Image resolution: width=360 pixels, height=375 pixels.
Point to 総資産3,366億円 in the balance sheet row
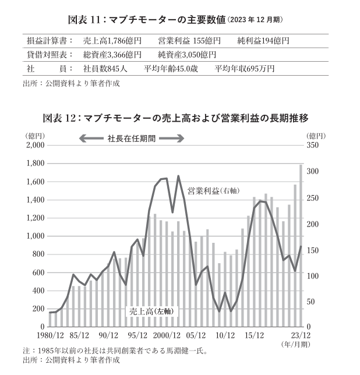click(112, 55)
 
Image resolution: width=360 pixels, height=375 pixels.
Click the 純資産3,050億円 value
click(187, 55)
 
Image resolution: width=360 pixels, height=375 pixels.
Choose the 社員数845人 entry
click(105, 69)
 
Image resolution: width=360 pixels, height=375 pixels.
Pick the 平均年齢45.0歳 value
click(172, 69)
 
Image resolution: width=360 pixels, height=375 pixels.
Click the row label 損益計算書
click(50, 41)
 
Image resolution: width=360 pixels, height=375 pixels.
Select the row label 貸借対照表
click(50, 55)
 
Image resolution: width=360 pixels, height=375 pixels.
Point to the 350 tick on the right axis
click(313, 146)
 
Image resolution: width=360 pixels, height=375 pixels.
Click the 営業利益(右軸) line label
click(214, 190)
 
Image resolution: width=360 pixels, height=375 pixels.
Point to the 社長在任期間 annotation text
click(132, 139)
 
